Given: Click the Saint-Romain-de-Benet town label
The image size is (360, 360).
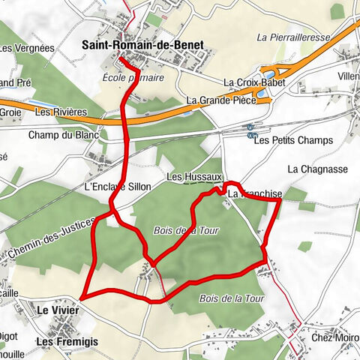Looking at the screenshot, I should [x=142, y=45].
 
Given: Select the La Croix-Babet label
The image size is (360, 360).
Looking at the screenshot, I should [x=250, y=82].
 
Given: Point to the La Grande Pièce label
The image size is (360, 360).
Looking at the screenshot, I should [x=220, y=100].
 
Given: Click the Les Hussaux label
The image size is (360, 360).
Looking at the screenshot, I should [x=194, y=177].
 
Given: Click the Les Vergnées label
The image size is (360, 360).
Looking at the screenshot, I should [x=28, y=48].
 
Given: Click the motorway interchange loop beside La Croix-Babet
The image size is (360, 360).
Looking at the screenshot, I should [x=267, y=76].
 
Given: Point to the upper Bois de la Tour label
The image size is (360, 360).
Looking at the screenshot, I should [x=186, y=231].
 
